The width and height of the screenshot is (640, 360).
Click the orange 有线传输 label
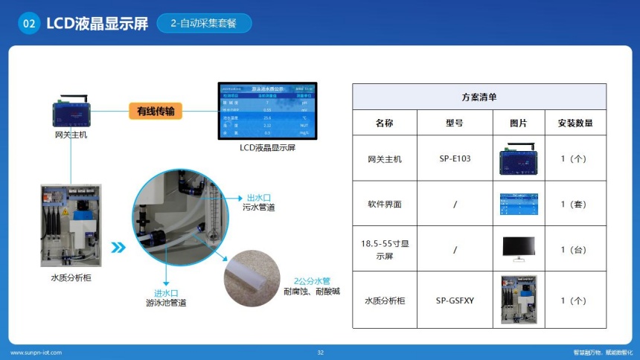pos(156,112)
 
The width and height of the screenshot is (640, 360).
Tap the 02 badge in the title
pos(29,23)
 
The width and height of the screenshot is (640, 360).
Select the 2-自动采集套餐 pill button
pos(204,23)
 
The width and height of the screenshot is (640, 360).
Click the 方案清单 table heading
pos(479,97)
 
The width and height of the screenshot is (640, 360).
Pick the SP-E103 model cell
pos(455,158)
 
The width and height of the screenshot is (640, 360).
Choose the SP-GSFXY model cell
pos(455,300)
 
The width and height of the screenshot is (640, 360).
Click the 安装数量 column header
pos(575,123)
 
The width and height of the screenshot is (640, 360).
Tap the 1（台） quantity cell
pos(575,250)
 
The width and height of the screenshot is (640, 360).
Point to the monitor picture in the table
pos(518,248)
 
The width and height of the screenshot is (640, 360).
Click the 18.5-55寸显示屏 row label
pos(384,250)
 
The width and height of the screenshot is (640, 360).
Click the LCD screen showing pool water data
pos(267,110)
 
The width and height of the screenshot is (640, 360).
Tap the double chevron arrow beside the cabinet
pos(117,247)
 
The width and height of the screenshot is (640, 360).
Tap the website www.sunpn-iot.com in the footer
pos(36,352)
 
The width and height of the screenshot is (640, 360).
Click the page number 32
pos(320,352)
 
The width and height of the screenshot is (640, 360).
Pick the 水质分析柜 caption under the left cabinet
pos(70,278)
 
